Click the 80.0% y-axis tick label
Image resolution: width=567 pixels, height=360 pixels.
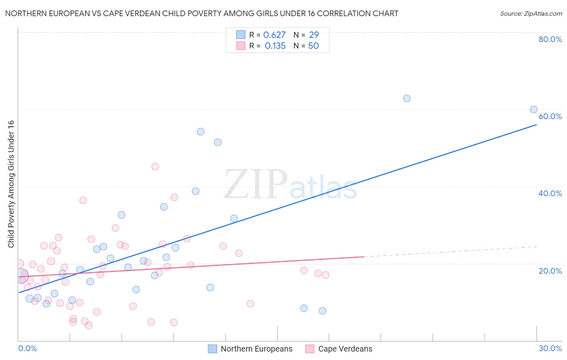click(550, 39)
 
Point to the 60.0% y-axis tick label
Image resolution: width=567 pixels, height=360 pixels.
click(550, 116)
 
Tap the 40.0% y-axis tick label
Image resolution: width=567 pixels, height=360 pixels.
click(550, 193)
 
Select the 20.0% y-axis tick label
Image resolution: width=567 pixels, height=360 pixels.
click(550, 271)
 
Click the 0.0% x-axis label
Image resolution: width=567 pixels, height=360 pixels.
click(27, 348)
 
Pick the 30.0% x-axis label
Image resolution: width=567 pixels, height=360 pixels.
click(550, 348)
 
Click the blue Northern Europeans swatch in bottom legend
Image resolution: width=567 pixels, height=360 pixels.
click(213, 349)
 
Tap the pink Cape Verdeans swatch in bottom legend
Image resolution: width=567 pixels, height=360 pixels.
click(310, 349)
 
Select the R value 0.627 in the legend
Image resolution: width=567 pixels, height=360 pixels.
click(274, 35)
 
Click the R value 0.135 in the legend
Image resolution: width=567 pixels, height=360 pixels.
click(275, 46)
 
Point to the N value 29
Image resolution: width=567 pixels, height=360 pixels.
click(314, 35)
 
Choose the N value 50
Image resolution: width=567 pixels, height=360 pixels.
click(313, 46)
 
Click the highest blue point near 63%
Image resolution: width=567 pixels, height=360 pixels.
click(406, 98)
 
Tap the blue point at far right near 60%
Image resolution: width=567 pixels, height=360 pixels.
click(534, 109)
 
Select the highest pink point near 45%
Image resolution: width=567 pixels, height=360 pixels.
click(155, 166)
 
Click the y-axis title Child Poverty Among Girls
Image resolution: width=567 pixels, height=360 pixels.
click(11, 184)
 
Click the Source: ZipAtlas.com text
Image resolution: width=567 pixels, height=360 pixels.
click(531, 14)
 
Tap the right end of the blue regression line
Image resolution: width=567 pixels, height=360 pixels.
click(536, 125)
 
